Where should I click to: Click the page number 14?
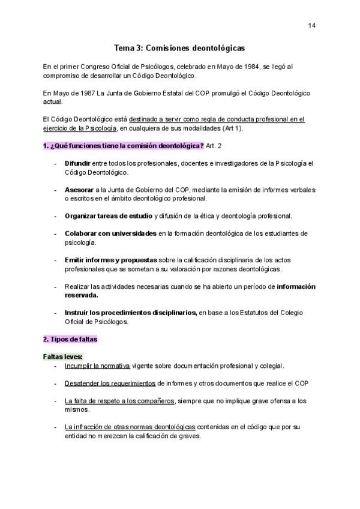pyautogui.click(x=312, y=25)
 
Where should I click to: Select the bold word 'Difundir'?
pyautogui.click(x=77, y=163)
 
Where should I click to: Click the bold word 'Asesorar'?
pyautogui.click(x=79, y=190)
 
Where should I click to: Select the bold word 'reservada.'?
pyautogui.click(x=82, y=295)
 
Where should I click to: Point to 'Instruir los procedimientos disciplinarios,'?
pyautogui.click(x=131, y=312)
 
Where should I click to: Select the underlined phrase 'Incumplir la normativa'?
pyautogui.click(x=97, y=366)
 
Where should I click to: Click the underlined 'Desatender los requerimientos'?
pyautogui.click(x=110, y=383)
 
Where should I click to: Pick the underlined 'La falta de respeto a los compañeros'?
pyautogui.click(x=119, y=401)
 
